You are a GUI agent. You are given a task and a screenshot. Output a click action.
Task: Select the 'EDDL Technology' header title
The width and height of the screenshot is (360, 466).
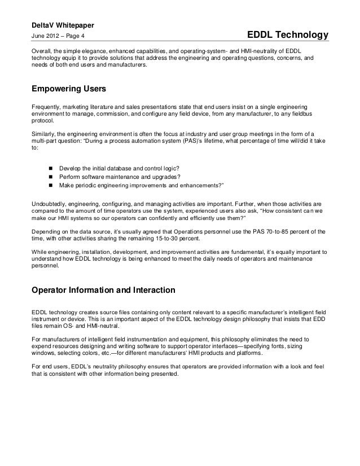pos(287,36)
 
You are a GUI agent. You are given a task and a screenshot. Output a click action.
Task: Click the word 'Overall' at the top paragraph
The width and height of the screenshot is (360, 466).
pos(41,51)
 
